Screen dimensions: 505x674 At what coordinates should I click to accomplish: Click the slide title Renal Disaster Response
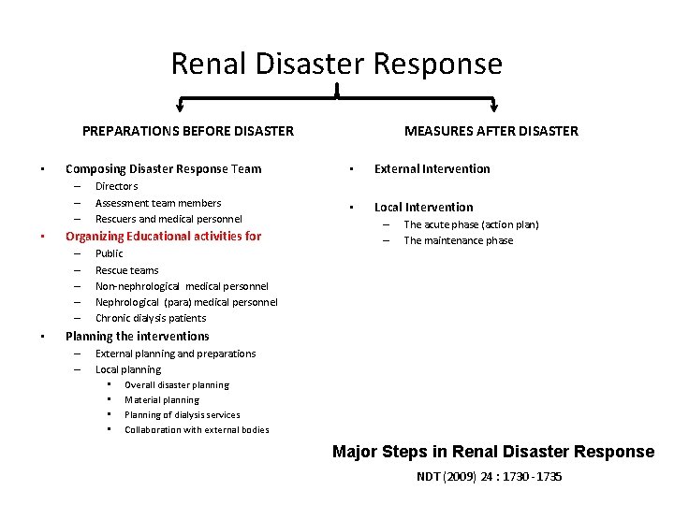tap(336, 64)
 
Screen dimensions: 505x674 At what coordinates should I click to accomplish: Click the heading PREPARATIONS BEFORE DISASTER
tap(187, 131)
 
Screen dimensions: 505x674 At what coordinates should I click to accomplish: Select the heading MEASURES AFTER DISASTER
tap(491, 131)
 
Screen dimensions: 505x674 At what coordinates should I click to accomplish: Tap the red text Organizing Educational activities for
tap(163, 237)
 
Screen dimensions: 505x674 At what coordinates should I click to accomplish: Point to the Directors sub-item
tap(116, 187)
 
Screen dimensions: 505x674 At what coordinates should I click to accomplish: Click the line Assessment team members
tap(158, 203)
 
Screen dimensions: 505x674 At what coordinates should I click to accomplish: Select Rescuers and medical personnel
tap(168, 219)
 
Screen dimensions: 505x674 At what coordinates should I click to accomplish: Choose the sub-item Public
tap(109, 253)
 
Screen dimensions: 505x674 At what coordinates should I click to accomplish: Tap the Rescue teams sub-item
tap(126, 270)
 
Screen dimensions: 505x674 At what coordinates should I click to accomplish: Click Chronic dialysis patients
tap(151, 318)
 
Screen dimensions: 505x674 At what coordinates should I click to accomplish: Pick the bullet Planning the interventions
tap(137, 336)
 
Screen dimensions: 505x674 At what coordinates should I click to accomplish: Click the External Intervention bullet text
tap(432, 169)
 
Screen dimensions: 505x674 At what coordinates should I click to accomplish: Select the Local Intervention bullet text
tap(423, 208)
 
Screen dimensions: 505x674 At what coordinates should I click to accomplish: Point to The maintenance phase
tap(458, 240)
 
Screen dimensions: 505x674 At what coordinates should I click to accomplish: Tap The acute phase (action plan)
tap(471, 224)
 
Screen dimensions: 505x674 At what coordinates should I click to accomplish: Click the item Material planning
tap(162, 400)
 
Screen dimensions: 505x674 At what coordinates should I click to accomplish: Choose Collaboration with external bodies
tap(197, 430)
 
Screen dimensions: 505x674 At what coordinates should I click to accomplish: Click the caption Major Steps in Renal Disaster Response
tap(493, 452)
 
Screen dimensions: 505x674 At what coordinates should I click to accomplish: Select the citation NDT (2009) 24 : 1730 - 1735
tap(490, 477)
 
